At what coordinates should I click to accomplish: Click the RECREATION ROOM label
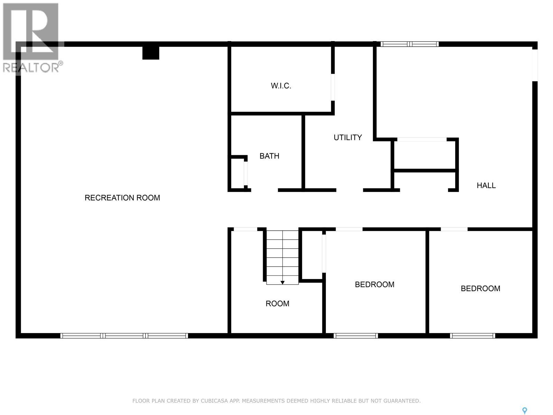pos(122,198)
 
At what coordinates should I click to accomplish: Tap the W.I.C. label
pos(281,86)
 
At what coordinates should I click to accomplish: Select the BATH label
pos(269,156)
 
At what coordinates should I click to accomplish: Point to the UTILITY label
pos(348,137)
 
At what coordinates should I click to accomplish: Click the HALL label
pos(486,185)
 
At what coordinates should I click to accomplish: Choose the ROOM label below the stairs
pos(277,304)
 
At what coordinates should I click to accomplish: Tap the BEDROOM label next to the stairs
pos(374,284)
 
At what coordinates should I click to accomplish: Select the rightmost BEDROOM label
pos(480,288)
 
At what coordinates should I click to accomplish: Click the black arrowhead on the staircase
pos(282,283)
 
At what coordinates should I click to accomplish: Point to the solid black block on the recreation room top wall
pos(151,53)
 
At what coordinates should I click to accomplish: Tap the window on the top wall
pos(410,44)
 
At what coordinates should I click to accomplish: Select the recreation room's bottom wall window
pos(124,335)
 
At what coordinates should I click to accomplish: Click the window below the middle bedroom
pos(356,335)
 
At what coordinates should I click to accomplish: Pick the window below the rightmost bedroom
pos(472,335)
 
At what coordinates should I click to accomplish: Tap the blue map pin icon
pos(524,411)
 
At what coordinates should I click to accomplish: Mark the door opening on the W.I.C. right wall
pos(332,87)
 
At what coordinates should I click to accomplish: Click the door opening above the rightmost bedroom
pos(454,229)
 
